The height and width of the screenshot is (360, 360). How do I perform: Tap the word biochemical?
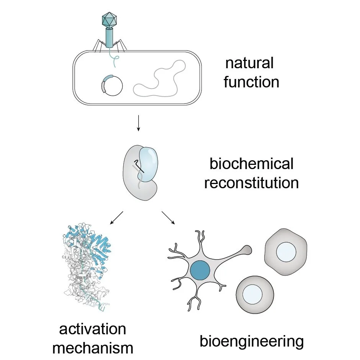tap(251, 164)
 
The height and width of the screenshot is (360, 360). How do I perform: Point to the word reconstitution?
tap(251, 182)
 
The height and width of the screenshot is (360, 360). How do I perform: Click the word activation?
tap(93, 329)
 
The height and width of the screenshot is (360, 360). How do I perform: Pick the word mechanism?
tap(93, 348)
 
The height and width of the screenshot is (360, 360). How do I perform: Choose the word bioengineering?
tap(252, 341)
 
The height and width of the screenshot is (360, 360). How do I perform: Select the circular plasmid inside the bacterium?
tap(112, 85)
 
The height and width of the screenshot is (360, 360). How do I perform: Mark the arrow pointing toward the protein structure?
tap(116, 217)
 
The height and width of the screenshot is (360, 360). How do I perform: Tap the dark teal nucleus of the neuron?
tap(200, 270)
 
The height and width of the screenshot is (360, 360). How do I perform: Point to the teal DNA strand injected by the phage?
tap(114, 57)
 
